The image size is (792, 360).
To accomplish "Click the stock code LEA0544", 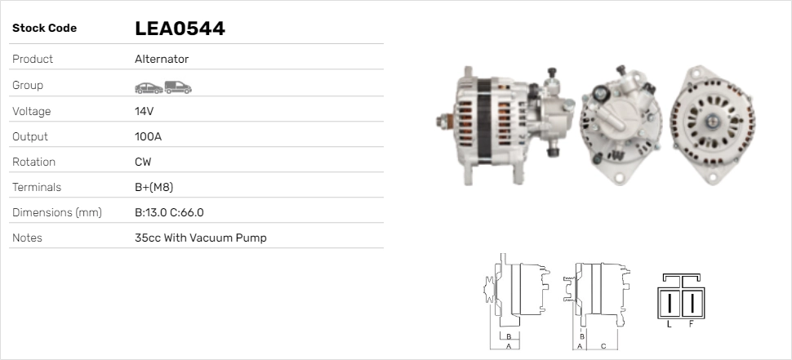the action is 180,29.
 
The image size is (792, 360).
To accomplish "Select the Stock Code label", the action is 44,29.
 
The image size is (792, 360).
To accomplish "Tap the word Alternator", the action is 162,59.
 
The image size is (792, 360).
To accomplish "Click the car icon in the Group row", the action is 149,88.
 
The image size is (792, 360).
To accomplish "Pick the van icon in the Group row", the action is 178,87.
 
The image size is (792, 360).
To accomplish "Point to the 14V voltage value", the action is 144,111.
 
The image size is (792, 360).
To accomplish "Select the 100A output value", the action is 148,136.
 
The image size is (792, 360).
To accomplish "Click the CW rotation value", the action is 143,162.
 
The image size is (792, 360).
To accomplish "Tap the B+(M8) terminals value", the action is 154,187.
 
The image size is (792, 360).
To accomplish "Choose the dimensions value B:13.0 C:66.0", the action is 169,212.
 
